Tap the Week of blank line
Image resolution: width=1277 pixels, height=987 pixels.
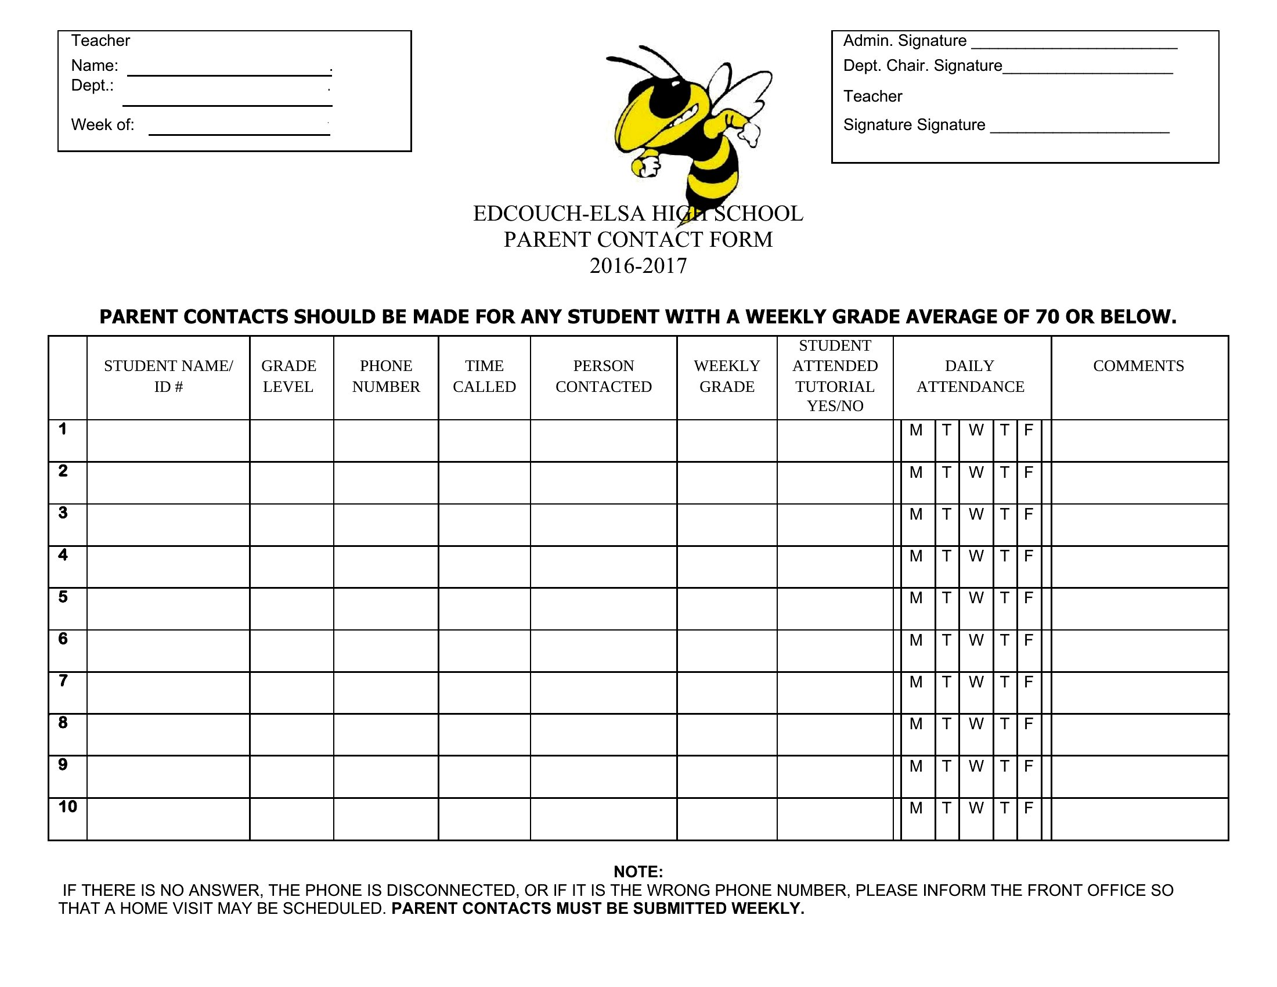pyautogui.click(x=239, y=134)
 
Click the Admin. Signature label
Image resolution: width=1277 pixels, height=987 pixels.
pyautogui.click(x=904, y=41)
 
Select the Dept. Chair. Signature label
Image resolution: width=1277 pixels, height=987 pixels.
pyautogui.click(x=922, y=66)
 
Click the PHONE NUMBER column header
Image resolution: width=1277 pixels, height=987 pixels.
pyautogui.click(x=386, y=376)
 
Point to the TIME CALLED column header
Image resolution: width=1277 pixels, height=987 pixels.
pyautogui.click(x=484, y=376)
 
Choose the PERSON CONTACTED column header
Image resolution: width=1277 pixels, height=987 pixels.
pyautogui.click(x=604, y=376)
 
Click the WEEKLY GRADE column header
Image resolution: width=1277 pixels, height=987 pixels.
pyautogui.click(x=727, y=376)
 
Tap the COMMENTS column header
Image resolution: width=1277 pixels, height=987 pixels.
pyautogui.click(x=1138, y=366)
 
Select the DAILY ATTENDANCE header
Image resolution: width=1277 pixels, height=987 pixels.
pyautogui.click(x=970, y=376)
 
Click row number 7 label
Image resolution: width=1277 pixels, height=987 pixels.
pyautogui.click(x=63, y=680)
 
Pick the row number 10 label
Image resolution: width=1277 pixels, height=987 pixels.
pyautogui.click(x=67, y=807)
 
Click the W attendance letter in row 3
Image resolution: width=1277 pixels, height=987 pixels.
pyautogui.click(x=976, y=514)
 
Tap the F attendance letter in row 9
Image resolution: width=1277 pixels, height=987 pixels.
pyautogui.click(x=1029, y=766)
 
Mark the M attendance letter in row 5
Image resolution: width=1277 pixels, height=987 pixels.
pyautogui.click(x=915, y=598)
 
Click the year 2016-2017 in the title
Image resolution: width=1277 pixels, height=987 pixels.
pyautogui.click(x=638, y=266)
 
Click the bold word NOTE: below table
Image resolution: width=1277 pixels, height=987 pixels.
pyautogui.click(x=638, y=872)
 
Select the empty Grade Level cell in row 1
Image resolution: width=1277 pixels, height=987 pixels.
pyautogui.click(x=291, y=441)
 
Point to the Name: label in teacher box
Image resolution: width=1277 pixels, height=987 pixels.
pyautogui.click(x=95, y=66)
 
